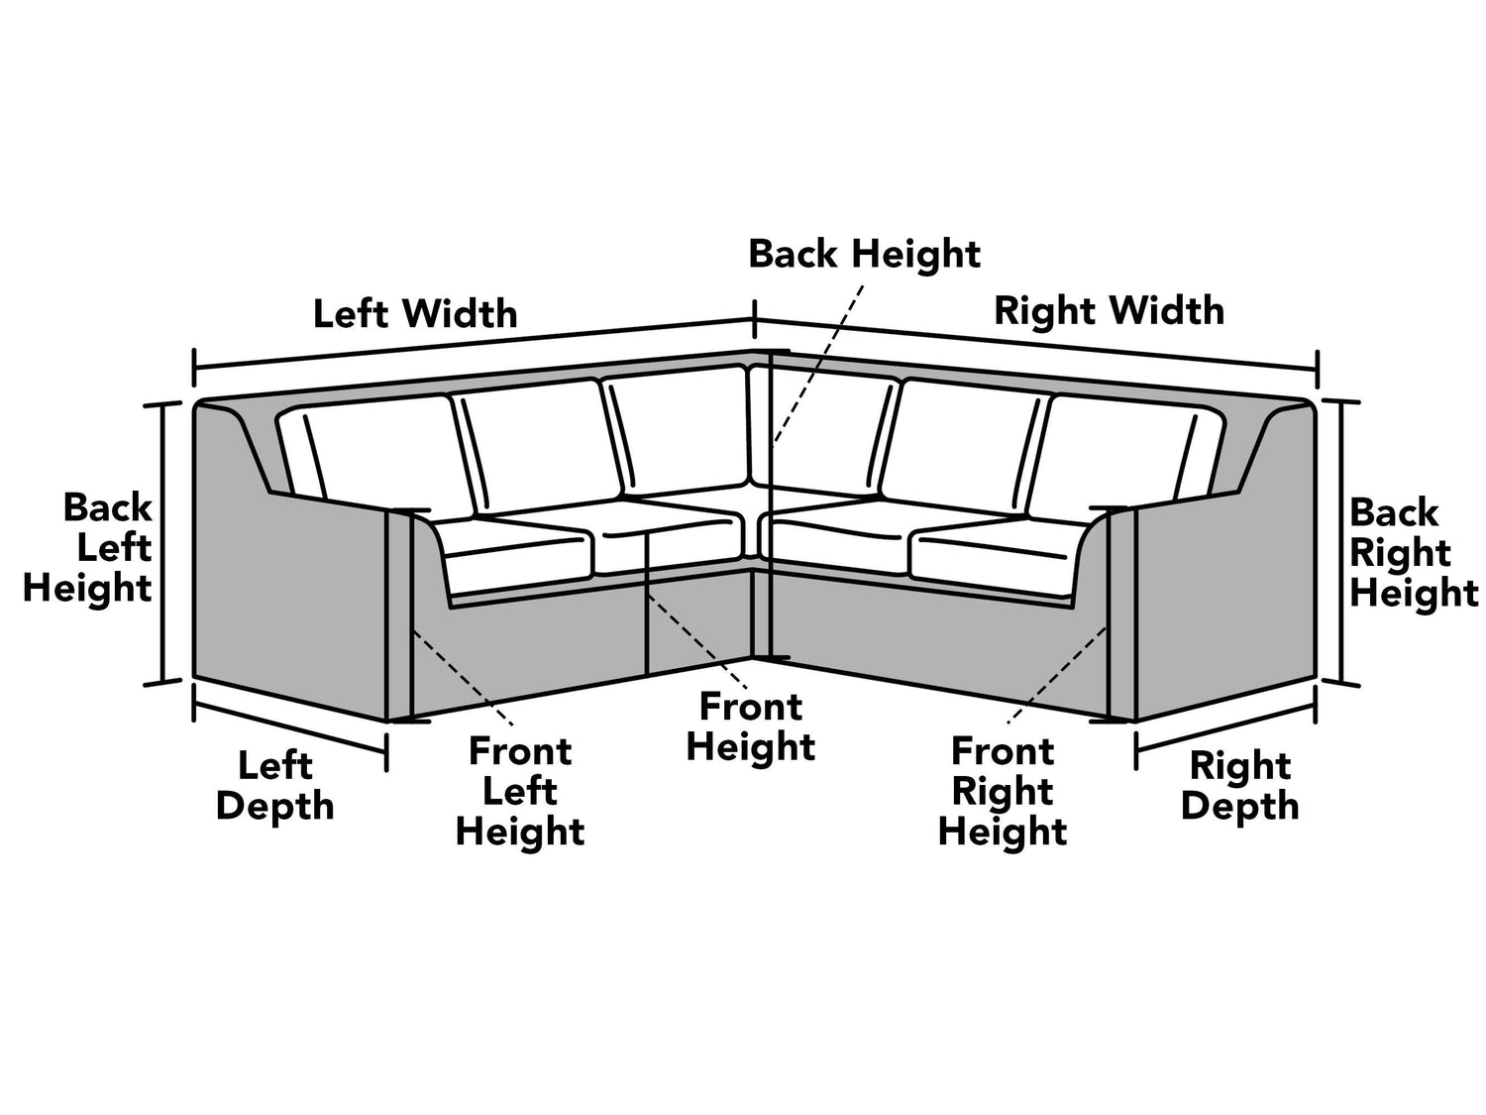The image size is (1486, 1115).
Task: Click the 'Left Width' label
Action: click(x=415, y=313)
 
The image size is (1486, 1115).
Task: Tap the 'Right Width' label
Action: click(x=1109, y=310)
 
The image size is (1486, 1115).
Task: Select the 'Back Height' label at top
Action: click(x=864, y=254)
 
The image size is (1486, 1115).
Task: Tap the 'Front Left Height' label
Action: click(x=520, y=791)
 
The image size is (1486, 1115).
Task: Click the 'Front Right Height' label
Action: click(x=1003, y=791)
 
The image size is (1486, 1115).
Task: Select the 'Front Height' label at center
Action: click(x=750, y=726)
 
